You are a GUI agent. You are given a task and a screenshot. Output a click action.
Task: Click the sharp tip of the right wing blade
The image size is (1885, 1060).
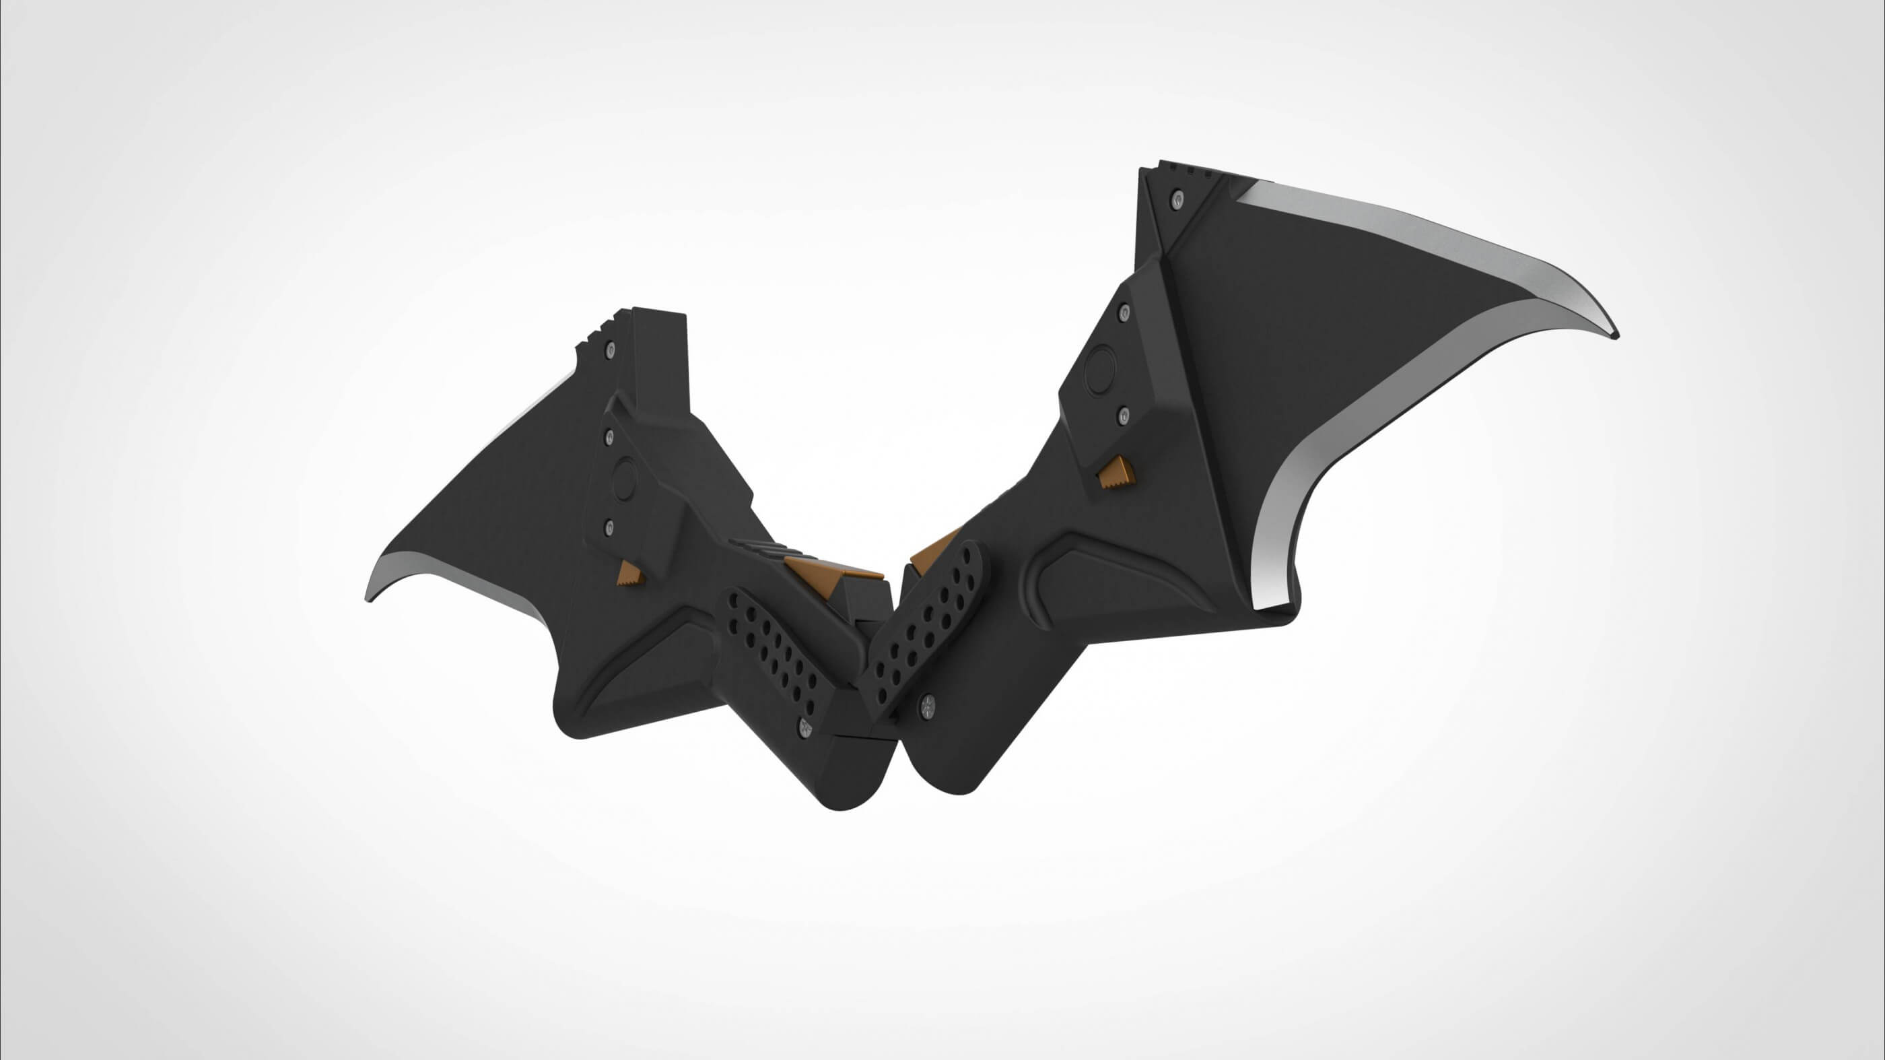[x=1616, y=335]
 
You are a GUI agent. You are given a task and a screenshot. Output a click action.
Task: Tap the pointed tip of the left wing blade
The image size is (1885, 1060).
[x=368, y=599]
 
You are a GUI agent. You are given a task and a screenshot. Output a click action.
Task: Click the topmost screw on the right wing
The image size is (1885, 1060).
[x=1176, y=199]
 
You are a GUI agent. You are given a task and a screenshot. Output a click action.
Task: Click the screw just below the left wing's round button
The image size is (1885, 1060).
[x=609, y=527]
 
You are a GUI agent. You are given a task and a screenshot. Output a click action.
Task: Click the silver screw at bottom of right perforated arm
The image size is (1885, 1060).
[x=928, y=705]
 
